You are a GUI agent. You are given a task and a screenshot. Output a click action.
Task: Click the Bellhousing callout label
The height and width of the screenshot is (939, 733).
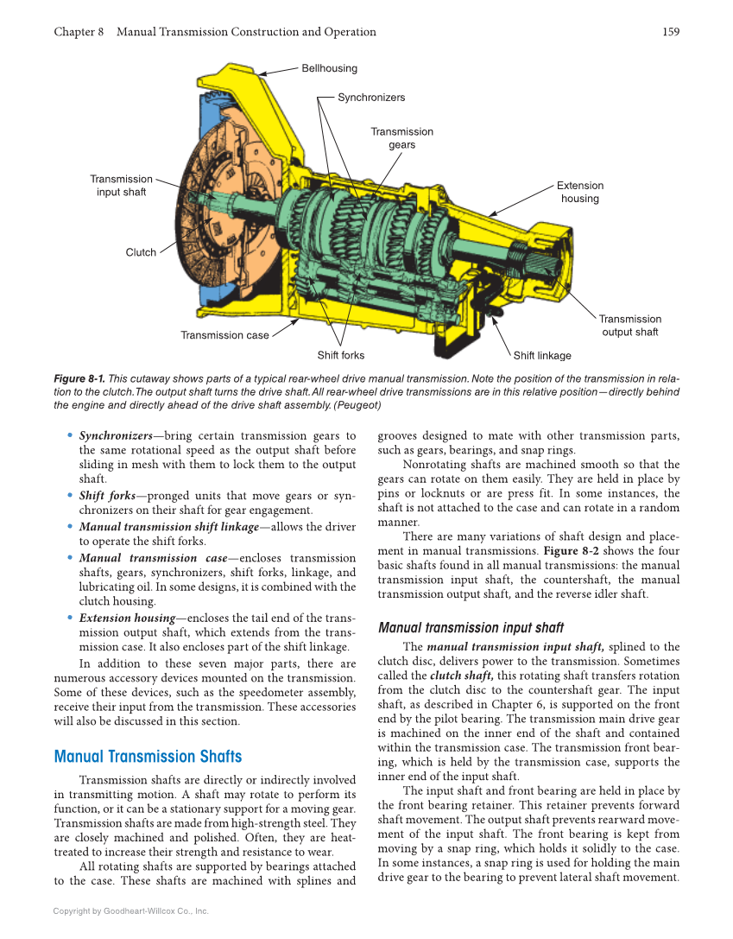pyautogui.click(x=329, y=68)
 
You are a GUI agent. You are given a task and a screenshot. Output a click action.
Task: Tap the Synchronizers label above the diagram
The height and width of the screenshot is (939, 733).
pyautogui.click(x=371, y=98)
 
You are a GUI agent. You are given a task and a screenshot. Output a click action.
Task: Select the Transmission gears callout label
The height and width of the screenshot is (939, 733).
pyautogui.click(x=401, y=138)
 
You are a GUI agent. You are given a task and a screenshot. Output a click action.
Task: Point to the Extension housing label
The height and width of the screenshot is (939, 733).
pyautogui.click(x=579, y=192)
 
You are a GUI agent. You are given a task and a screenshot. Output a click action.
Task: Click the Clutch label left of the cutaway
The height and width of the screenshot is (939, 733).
pyautogui.click(x=141, y=253)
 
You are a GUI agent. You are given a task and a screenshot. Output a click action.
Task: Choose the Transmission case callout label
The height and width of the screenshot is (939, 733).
pyautogui.click(x=224, y=335)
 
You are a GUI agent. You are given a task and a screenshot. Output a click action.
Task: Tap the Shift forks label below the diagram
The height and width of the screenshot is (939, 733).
pyautogui.click(x=341, y=355)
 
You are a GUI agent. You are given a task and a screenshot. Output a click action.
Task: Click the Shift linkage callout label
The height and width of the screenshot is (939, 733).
pyautogui.click(x=542, y=355)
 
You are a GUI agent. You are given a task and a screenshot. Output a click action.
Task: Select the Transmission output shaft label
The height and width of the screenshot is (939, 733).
pyautogui.click(x=629, y=326)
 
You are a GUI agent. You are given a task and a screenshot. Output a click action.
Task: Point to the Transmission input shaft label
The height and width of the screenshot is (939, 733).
pyautogui.click(x=121, y=185)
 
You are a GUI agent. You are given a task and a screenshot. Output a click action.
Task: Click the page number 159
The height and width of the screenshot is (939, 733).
pyautogui.click(x=671, y=32)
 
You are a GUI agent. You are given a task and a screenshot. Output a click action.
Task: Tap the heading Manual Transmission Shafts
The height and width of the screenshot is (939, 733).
pyautogui.click(x=148, y=757)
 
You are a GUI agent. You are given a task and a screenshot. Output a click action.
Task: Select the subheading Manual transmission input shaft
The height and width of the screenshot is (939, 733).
pyautogui.click(x=471, y=628)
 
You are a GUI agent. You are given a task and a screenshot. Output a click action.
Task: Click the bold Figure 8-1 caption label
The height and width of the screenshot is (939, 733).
pyautogui.click(x=79, y=378)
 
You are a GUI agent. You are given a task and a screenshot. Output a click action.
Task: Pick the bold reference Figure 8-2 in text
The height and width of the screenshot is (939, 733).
pyautogui.click(x=568, y=551)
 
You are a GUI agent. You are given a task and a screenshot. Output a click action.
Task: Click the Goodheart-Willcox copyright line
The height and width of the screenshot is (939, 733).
pyautogui.click(x=131, y=910)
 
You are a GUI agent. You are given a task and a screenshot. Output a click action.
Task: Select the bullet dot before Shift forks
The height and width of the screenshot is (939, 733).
pyautogui.click(x=70, y=496)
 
